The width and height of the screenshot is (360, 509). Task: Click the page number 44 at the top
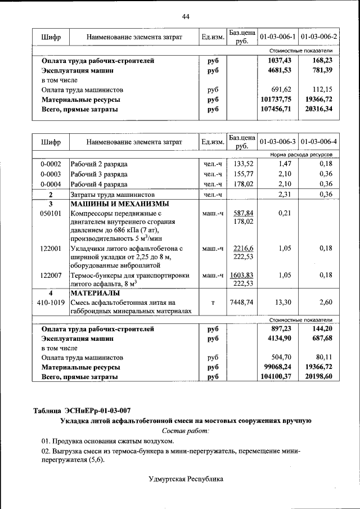coord(186,16)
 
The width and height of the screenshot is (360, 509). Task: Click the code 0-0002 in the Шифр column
coord(51,164)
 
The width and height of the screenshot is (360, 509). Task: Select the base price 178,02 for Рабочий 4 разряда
coord(241,184)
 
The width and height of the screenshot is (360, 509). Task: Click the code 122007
coord(51,275)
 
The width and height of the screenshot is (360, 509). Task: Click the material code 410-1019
coord(51,303)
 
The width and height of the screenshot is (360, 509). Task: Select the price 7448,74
coord(241,303)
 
